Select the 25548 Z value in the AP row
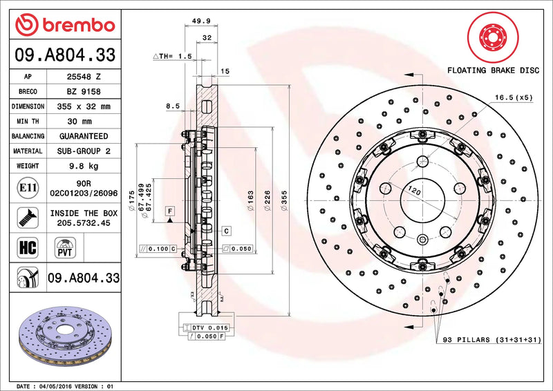point(83,77)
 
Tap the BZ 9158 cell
point(83,91)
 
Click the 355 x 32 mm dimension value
point(83,106)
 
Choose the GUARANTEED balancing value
point(83,136)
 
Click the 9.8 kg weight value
point(83,166)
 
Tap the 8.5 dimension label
point(173,106)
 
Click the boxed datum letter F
point(168,209)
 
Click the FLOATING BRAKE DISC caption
point(492,70)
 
